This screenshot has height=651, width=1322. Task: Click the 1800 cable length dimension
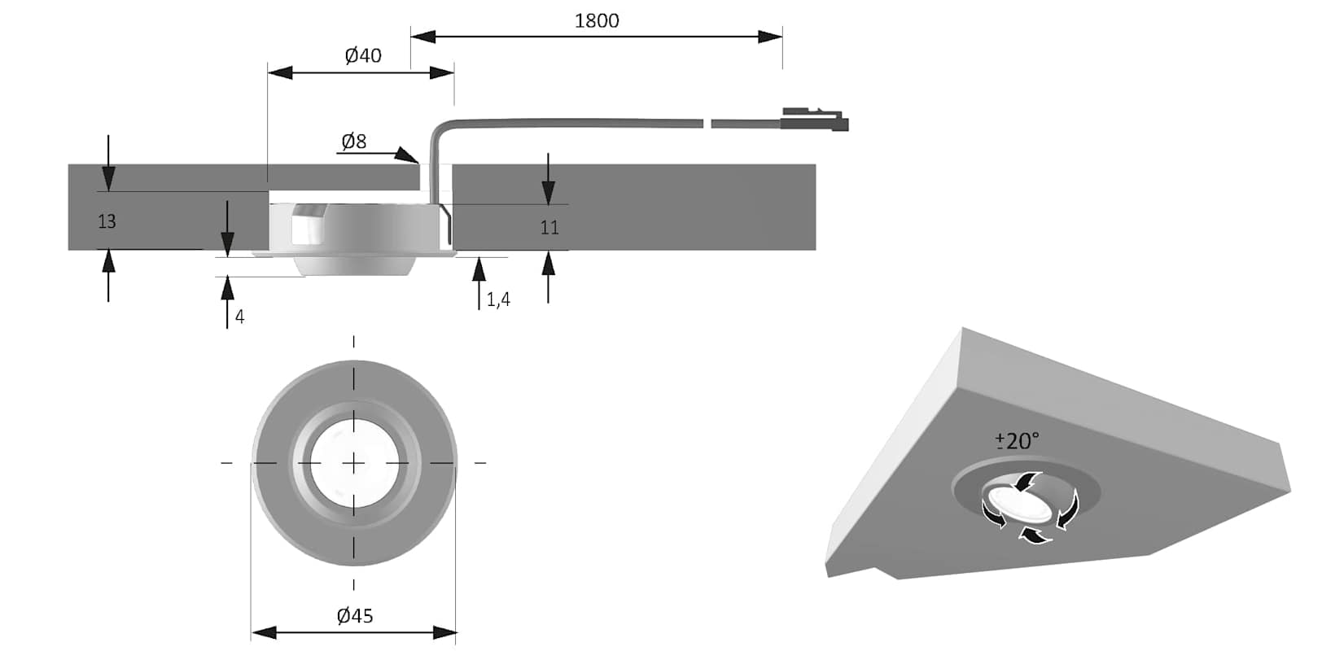click(x=597, y=20)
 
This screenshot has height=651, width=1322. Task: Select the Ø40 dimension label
click(x=362, y=55)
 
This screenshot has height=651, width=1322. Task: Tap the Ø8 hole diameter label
click(x=353, y=142)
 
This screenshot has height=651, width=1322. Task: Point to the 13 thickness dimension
click(x=107, y=221)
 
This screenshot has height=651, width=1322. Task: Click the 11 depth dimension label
click(x=549, y=228)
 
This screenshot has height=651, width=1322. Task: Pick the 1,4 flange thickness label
click(x=498, y=299)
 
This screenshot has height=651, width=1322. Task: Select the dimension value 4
click(x=239, y=317)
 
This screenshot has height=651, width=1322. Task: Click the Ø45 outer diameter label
click(x=354, y=616)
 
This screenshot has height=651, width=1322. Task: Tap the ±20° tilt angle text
click(x=1017, y=441)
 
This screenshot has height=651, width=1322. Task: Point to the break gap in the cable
click(x=707, y=124)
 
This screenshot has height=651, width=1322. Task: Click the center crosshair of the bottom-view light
click(x=353, y=463)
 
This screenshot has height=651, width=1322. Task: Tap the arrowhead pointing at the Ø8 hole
click(x=407, y=155)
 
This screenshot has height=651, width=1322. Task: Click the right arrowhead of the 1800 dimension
click(x=770, y=37)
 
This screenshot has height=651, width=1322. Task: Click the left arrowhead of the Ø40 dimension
click(x=280, y=72)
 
